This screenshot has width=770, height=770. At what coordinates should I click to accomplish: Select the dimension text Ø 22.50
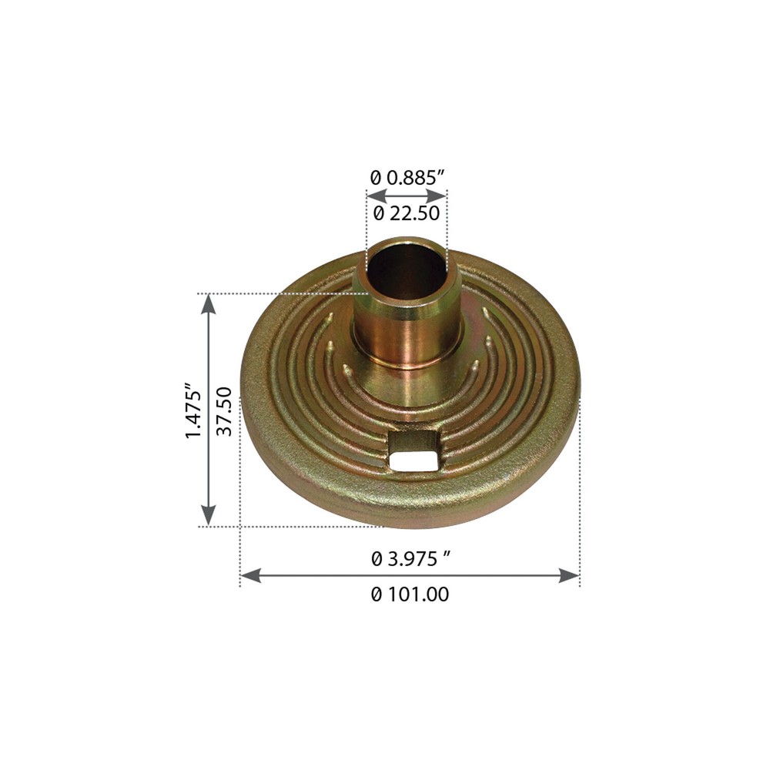click(407, 213)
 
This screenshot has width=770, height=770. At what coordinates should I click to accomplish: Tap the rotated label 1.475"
click(193, 410)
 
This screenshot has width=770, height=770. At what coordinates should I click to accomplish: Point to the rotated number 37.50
click(224, 411)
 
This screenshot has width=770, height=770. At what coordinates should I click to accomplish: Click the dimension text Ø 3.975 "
click(411, 559)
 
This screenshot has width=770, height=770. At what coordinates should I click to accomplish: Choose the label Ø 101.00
click(410, 594)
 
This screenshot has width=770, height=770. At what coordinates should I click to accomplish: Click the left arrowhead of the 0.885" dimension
click(377, 196)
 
